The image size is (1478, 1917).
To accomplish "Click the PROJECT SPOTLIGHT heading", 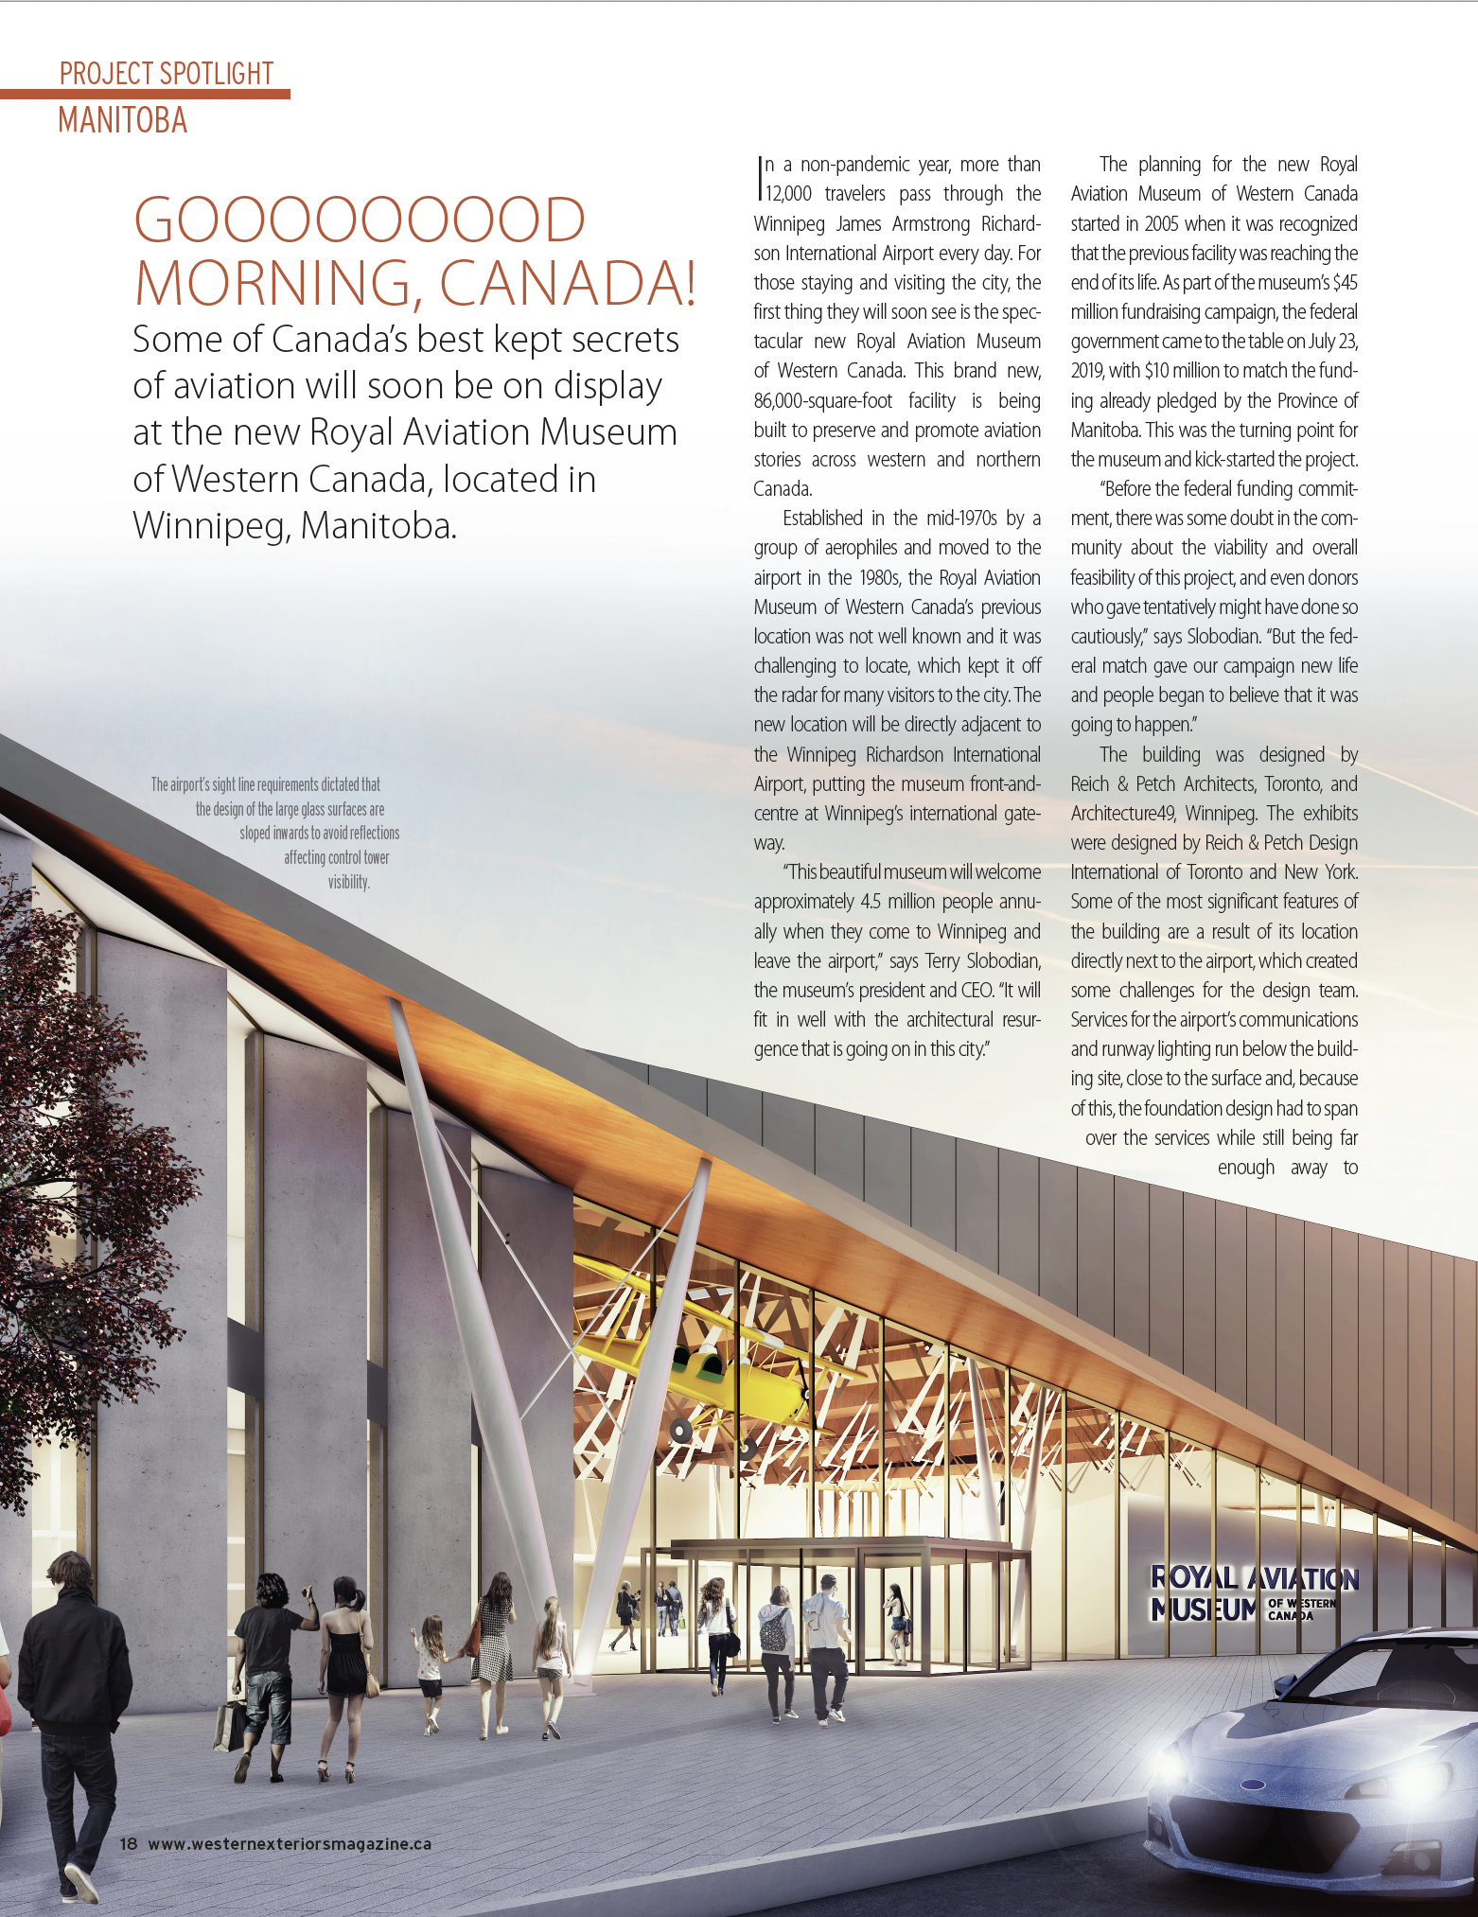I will [167, 73].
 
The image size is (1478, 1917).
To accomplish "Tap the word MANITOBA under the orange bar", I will [123, 121].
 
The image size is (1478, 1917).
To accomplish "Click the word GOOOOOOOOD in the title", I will [360, 220].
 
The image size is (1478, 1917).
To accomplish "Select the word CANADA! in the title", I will [568, 283].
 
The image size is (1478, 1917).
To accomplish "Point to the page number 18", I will [129, 1844].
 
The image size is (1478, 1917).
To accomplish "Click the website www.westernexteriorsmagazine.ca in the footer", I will [290, 1844].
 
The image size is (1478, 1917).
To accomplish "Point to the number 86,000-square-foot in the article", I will [821, 400].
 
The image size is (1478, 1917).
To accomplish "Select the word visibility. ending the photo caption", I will [348, 882].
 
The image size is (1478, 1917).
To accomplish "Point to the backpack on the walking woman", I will [774, 1633].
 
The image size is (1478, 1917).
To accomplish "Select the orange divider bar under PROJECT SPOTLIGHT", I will [145, 94].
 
